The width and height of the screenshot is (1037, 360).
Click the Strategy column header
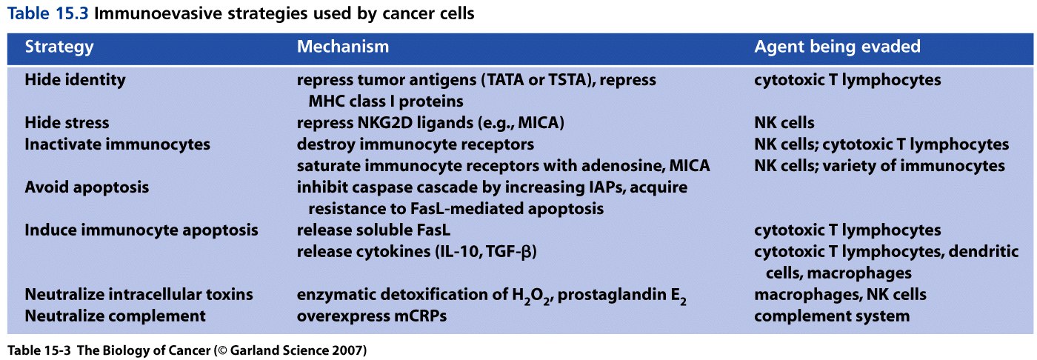(x=59, y=47)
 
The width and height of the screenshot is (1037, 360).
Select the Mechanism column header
(x=342, y=46)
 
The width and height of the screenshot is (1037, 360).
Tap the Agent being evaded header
(x=838, y=47)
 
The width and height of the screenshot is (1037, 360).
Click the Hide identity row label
(x=75, y=80)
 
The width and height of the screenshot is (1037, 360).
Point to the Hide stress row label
(x=67, y=123)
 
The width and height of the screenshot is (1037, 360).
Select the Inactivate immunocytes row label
(x=117, y=144)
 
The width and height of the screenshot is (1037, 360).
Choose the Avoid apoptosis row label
(x=87, y=187)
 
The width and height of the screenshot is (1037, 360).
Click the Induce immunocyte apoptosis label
(x=141, y=230)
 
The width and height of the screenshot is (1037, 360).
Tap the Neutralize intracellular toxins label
(x=139, y=294)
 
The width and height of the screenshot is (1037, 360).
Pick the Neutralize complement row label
(x=115, y=316)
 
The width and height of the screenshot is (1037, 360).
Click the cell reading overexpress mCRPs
(x=372, y=316)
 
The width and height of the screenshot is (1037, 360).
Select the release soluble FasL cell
(x=373, y=230)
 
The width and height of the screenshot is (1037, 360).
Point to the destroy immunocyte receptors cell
(x=416, y=144)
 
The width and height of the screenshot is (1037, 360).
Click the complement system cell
(x=832, y=316)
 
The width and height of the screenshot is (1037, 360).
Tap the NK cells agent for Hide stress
(x=784, y=123)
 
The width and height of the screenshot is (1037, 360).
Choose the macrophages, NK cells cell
(x=840, y=294)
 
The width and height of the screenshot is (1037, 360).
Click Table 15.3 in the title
(x=47, y=13)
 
